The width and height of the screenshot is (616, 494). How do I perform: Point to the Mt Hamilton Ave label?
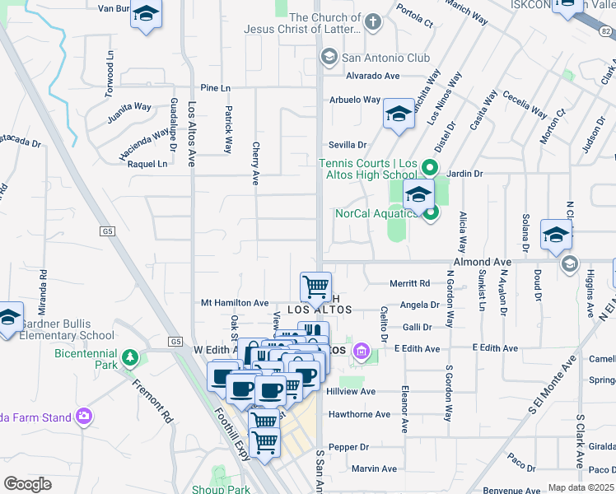coord(235,303)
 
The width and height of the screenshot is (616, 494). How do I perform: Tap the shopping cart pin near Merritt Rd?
coord(315,287)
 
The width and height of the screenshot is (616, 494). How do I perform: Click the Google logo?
coord(27,484)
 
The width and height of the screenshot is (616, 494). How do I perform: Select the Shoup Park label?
coord(221,489)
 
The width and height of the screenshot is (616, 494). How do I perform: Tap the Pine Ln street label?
coord(216,88)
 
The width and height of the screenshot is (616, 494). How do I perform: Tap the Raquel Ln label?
coord(147,164)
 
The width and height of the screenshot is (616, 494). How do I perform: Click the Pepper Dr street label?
coord(348,447)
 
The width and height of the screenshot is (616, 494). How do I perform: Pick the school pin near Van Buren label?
coord(147,16)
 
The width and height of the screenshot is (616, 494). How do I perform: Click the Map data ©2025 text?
coord(581,487)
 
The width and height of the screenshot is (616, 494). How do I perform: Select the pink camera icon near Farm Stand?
coord(82,417)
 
